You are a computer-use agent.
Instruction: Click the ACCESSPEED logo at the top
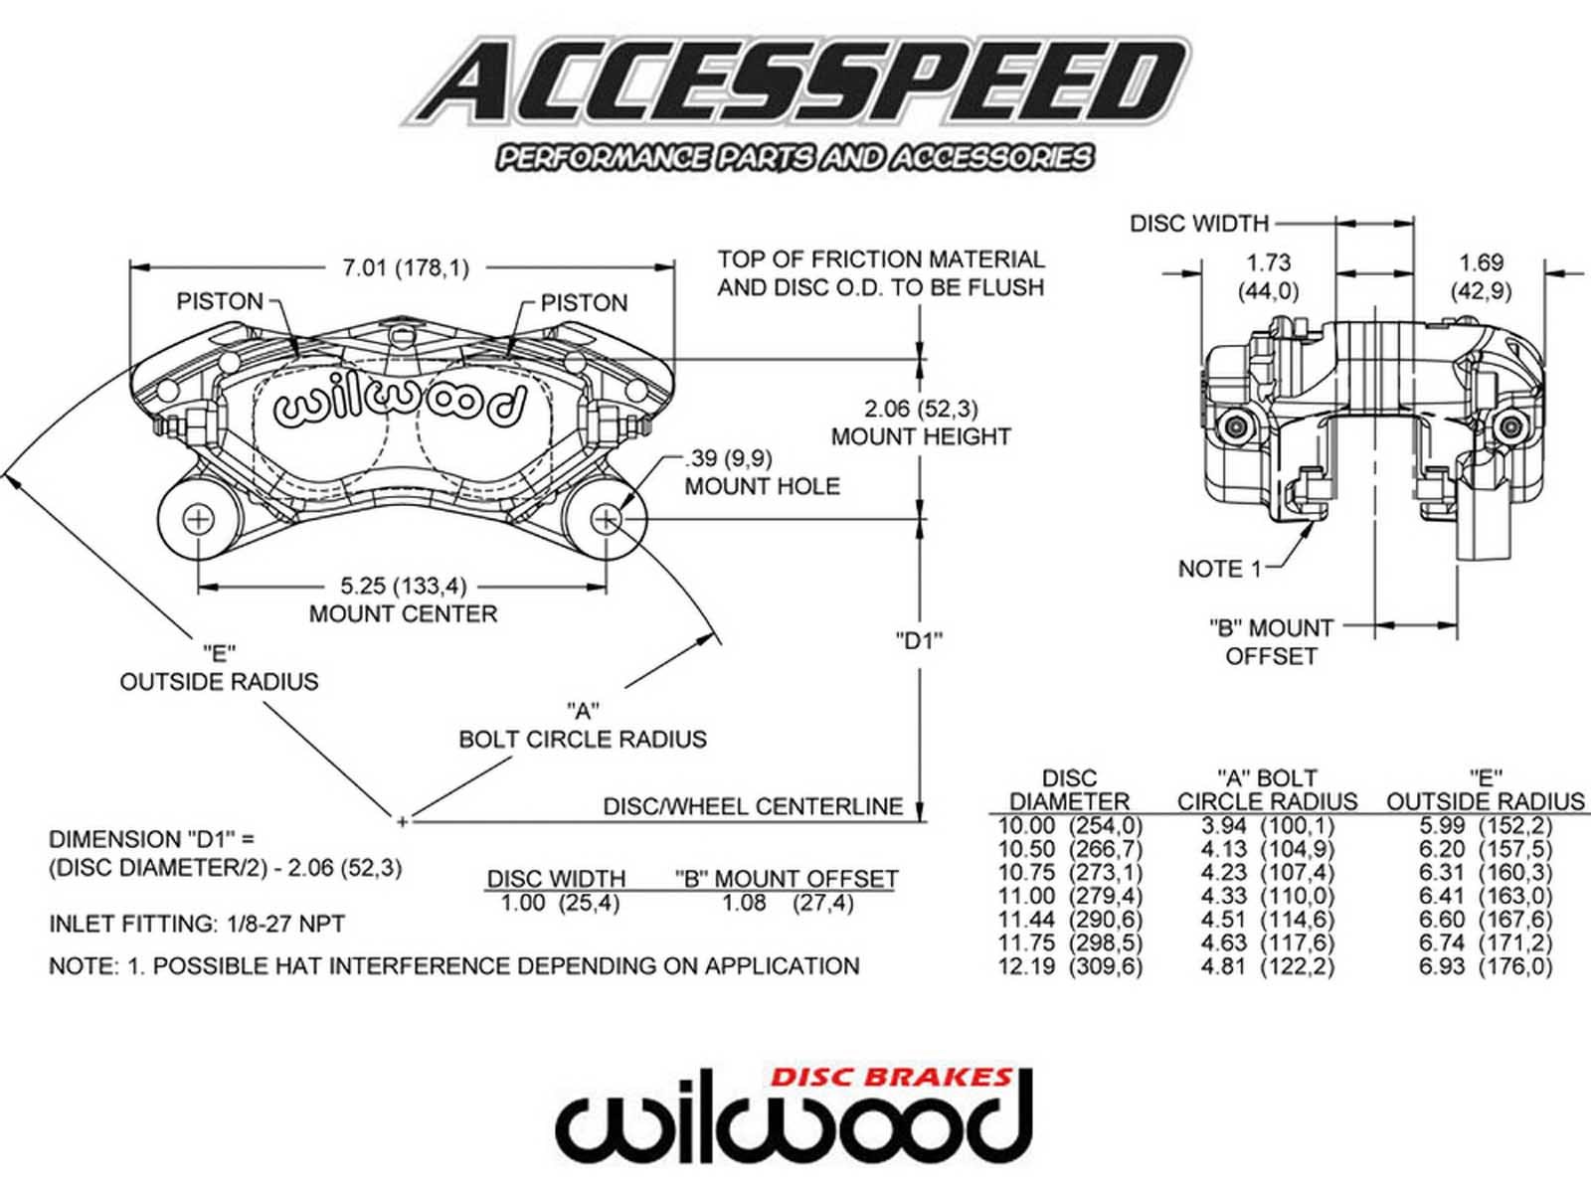(x=795, y=85)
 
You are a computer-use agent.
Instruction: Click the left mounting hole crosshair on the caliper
(x=199, y=519)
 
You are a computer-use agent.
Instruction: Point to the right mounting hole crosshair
(x=606, y=519)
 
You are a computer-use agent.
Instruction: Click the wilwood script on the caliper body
(x=399, y=405)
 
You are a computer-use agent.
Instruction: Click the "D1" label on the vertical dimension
(x=919, y=641)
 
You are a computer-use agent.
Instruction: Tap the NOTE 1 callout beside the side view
(x=1219, y=569)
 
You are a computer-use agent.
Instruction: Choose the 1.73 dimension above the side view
(x=1269, y=263)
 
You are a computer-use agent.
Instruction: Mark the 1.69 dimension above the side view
(x=1481, y=263)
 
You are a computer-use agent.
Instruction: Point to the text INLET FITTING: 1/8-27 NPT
(x=197, y=925)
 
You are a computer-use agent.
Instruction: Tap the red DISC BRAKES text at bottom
(x=891, y=1077)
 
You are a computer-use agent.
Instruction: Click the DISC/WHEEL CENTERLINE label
(x=753, y=806)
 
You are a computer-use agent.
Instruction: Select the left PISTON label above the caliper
(x=220, y=301)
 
